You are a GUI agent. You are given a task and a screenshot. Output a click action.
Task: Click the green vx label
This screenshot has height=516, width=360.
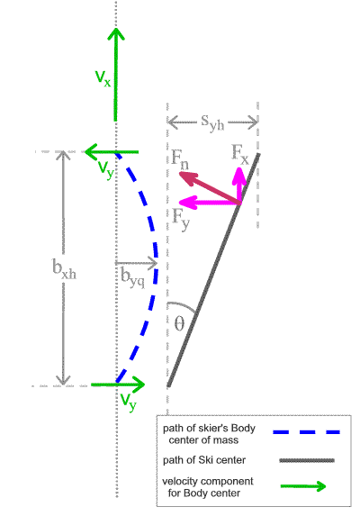(x=103, y=78)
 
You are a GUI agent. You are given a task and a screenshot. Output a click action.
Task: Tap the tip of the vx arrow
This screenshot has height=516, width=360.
(x=116, y=29)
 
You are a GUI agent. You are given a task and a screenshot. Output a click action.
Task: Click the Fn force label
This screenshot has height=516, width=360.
(x=180, y=158)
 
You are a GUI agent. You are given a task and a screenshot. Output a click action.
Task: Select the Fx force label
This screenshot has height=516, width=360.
(x=240, y=154)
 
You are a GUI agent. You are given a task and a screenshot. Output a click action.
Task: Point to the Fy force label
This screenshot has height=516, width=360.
(x=181, y=219)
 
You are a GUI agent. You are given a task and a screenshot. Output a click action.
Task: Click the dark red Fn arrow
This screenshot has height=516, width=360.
(x=210, y=188)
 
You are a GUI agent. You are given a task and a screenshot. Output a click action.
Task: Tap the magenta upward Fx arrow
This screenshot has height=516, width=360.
(x=239, y=186)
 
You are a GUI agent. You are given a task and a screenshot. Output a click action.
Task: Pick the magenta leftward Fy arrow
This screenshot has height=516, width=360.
(x=210, y=203)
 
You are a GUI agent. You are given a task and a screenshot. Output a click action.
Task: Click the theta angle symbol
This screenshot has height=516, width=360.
(x=179, y=323)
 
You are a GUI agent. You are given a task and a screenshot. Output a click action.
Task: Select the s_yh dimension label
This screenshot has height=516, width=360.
(x=212, y=123)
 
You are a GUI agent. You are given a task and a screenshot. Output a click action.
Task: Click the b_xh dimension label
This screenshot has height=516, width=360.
(x=64, y=268)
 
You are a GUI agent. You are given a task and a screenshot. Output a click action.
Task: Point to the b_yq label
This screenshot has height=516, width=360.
(x=132, y=277)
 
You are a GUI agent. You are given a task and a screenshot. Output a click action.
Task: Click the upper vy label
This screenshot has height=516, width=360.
(x=106, y=169)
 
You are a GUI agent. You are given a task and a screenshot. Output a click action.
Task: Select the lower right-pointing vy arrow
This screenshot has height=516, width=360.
(x=118, y=385)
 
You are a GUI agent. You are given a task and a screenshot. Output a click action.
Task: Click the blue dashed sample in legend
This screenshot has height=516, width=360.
(x=306, y=432)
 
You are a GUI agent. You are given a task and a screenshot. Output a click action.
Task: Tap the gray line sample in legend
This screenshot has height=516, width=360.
(x=307, y=460)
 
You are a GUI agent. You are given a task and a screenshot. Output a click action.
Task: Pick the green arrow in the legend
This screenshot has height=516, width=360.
(x=302, y=486)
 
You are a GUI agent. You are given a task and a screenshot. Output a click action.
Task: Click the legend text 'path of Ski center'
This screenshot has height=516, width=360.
(x=204, y=460)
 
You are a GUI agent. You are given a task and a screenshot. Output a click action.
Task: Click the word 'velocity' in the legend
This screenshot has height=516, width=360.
(x=180, y=482)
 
